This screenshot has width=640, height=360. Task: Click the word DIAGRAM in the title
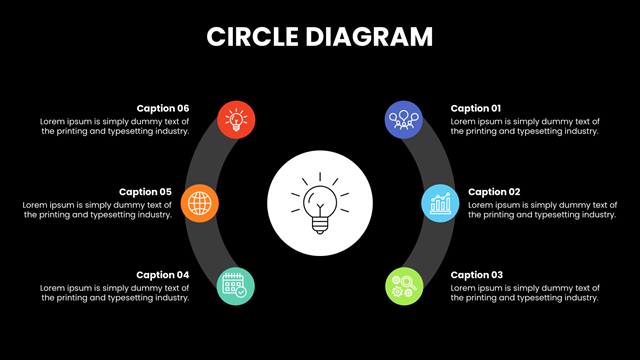(x=369, y=37)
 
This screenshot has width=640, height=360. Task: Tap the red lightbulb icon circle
(x=236, y=120)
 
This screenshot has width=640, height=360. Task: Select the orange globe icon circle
(x=200, y=203)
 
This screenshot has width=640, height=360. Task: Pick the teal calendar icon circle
(x=236, y=286)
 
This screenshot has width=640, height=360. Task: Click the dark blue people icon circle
(x=404, y=120)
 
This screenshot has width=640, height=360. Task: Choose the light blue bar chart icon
(x=440, y=203)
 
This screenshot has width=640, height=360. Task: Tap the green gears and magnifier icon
(x=404, y=286)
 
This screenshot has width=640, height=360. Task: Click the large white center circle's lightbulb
(x=320, y=203)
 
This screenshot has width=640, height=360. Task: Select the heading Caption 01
(x=476, y=109)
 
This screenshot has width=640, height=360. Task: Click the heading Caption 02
(x=494, y=192)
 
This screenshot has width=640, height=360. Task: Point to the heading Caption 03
(x=477, y=275)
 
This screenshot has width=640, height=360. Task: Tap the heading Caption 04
(x=162, y=275)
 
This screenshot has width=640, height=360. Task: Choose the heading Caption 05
(x=145, y=192)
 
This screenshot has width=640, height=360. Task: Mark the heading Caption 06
(x=163, y=109)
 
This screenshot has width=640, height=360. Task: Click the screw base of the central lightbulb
(x=320, y=226)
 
